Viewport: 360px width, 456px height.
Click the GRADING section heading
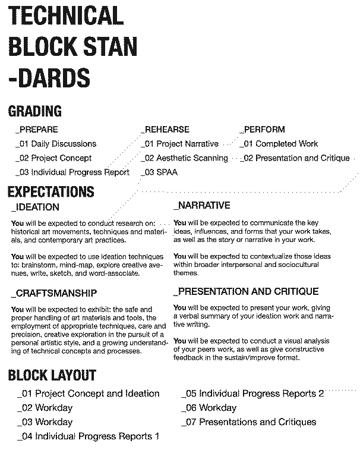point(35,111)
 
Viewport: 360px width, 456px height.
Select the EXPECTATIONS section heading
point(51,191)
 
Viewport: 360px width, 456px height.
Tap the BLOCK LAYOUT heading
point(52,375)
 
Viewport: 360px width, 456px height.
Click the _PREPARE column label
point(37,129)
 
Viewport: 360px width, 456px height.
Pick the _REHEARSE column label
point(165,129)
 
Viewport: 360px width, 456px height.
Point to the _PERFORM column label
point(262,129)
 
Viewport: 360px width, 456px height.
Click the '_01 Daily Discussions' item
point(56,143)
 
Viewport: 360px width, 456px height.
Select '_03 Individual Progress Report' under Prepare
point(72,172)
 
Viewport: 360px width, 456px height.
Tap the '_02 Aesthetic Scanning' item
point(184,158)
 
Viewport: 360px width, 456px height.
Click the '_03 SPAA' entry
point(159,172)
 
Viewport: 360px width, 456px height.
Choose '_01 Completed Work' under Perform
point(279,143)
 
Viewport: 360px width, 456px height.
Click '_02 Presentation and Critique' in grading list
point(295,158)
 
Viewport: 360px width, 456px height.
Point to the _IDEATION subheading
point(36,207)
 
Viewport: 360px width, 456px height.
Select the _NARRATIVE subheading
point(202,206)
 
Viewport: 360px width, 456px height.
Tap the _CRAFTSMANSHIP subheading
point(54,294)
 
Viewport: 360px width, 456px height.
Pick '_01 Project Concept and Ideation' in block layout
point(89,394)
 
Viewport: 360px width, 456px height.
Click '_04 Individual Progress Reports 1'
point(89,436)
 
